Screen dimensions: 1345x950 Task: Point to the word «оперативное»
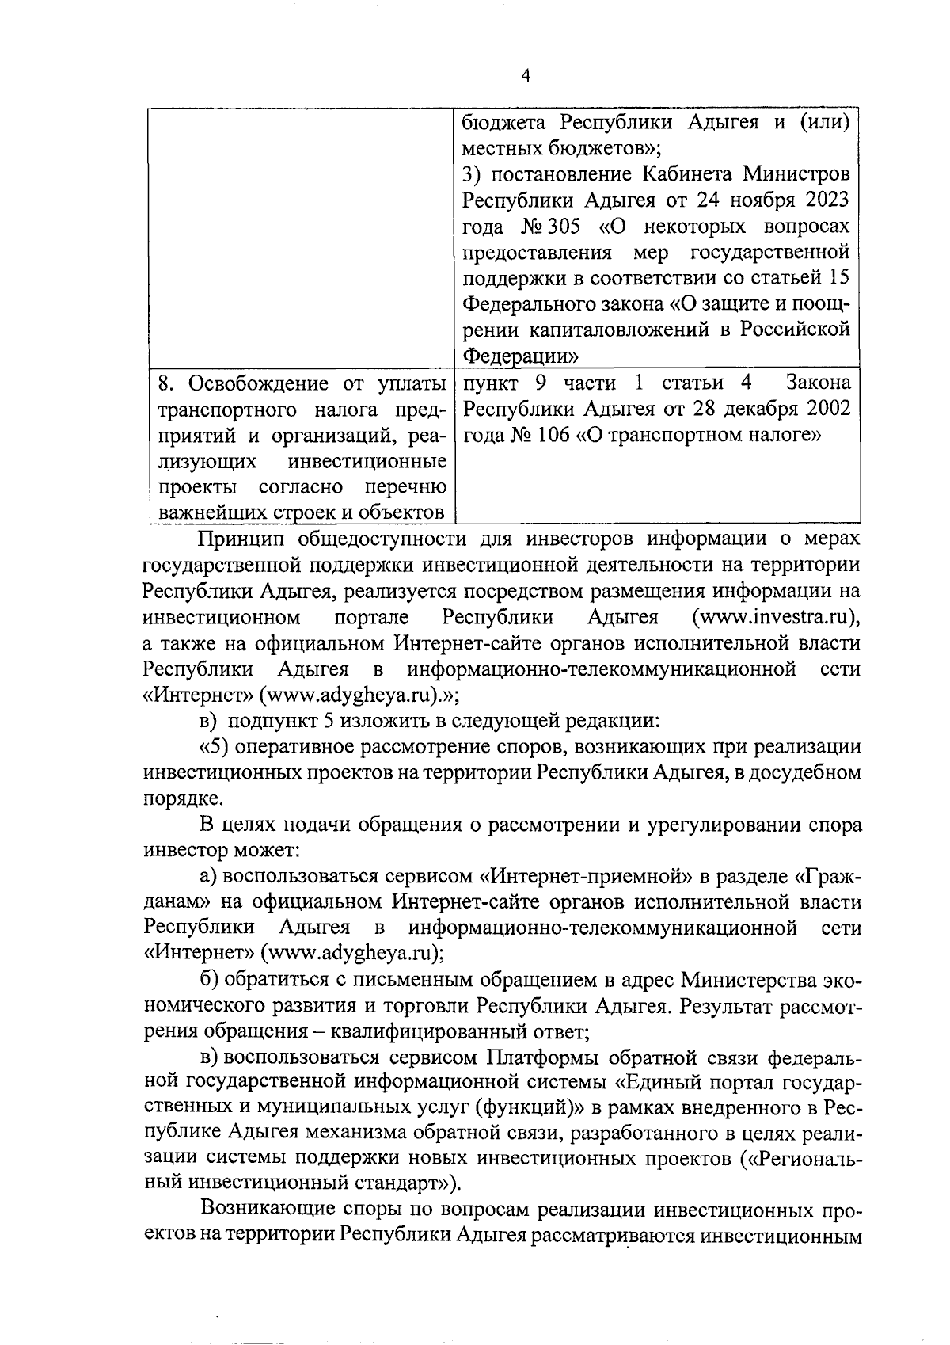coord(289,746)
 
